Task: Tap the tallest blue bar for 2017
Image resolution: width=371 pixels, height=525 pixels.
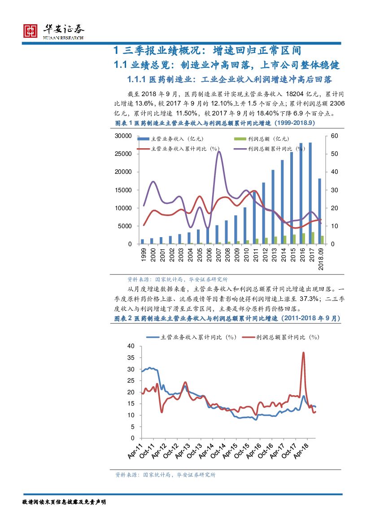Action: pyautogui.click(x=310, y=193)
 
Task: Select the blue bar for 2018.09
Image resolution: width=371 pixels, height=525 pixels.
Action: pyautogui.click(x=319, y=211)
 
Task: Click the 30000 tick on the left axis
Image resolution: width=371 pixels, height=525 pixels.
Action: pyautogui.click(x=122, y=136)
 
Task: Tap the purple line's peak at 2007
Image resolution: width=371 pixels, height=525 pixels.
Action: pyautogui.click(x=218, y=152)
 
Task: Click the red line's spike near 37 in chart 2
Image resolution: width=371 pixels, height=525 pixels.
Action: pyautogui.click(x=304, y=353)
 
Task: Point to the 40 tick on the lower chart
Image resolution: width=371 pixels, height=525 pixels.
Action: pyautogui.click(x=131, y=346)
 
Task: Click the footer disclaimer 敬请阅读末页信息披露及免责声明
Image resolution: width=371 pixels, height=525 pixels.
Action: pyautogui.click(x=64, y=502)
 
